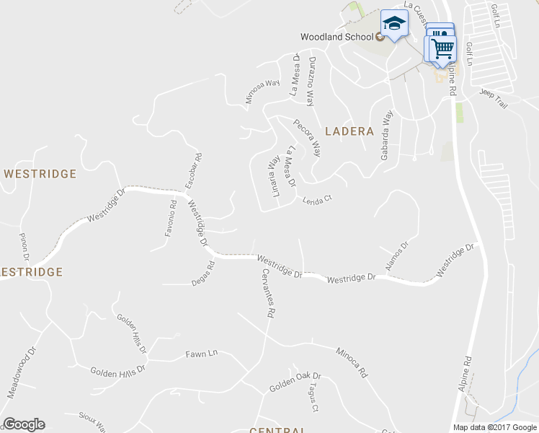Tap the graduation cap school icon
click(x=394, y=25)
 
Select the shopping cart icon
click(x=443, y=49)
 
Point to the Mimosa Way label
click(x=262, y=92)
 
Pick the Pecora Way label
click(x=308, y=136)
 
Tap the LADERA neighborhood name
click(x=349, y=131)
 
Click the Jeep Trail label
click(x=494, y=100)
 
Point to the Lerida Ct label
click(x=316, y=199)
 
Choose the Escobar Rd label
click(x=194, y=171)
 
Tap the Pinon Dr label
click(x=24, y=247)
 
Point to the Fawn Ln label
click(x=202, y=354)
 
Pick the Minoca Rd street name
click(x=352, y=363)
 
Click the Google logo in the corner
click(x=24, y=424)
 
